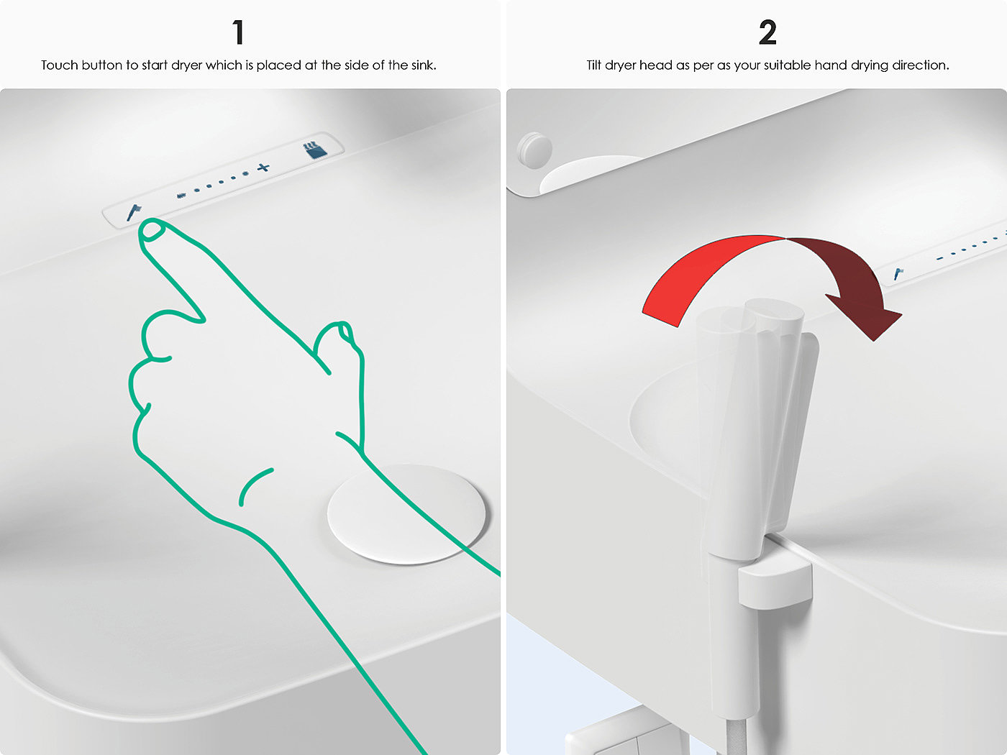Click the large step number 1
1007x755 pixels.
(238, 32)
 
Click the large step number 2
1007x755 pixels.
(767, 32)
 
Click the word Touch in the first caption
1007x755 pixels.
(59, 65)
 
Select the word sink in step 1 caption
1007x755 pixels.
(422, 65)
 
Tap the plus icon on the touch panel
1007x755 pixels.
(263, 168)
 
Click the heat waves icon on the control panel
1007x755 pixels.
(315, 150)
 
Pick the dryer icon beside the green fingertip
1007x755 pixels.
(134, 212)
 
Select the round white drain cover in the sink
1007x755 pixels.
(406, 514)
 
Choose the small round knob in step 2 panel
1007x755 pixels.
(534, 150)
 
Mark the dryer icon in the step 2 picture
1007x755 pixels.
(898, 273)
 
